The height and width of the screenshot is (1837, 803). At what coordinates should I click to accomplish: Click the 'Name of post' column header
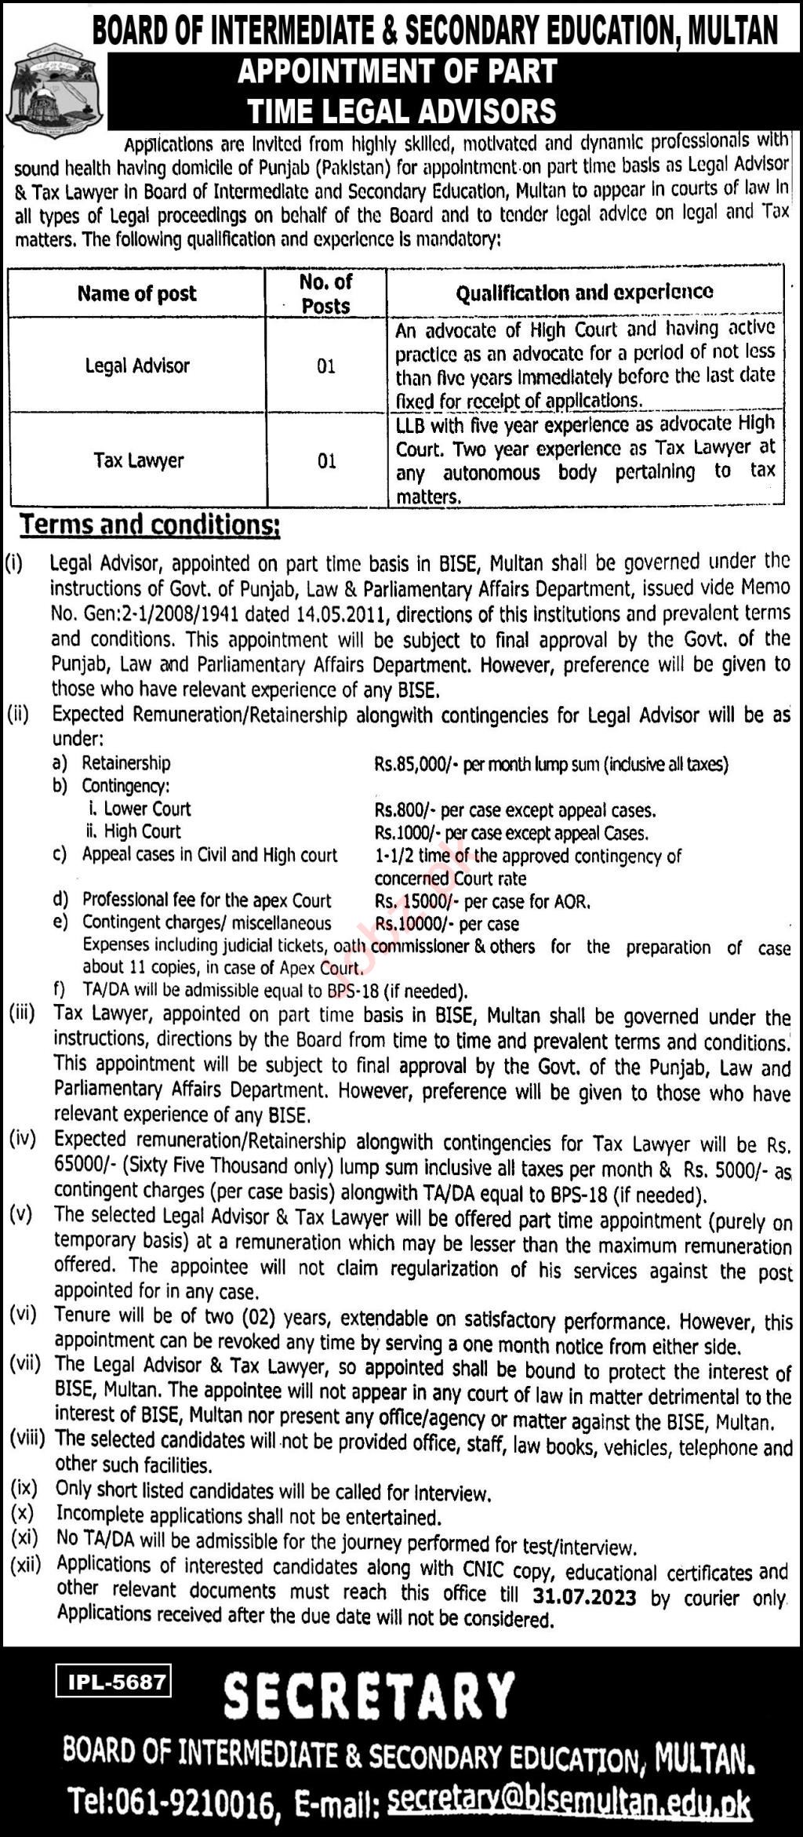(136, 294)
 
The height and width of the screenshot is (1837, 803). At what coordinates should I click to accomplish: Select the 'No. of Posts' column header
(325, 294)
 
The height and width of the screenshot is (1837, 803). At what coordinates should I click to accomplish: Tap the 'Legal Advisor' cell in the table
(137, 366)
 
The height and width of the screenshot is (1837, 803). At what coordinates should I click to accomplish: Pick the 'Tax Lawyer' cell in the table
(138, 460)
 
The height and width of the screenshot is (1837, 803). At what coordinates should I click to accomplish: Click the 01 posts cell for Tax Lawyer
(326, 461)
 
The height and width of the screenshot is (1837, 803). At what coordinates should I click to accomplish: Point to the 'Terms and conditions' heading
(150, 526)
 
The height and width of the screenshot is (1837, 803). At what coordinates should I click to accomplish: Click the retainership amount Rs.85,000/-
(416, 764)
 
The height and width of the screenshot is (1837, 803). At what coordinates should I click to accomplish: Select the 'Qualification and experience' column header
(584, 293)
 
